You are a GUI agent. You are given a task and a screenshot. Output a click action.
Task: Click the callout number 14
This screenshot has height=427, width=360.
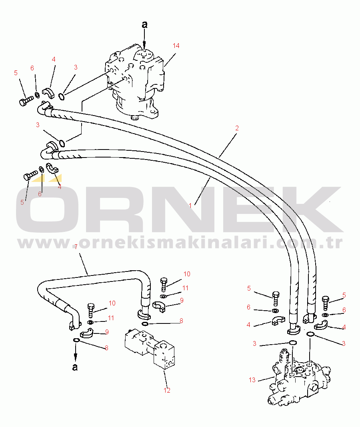tap(176, 46)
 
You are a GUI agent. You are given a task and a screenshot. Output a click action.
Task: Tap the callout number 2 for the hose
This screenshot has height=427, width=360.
tap(237, 128)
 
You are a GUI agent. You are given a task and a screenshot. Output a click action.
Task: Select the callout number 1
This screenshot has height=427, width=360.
tap(190, 206)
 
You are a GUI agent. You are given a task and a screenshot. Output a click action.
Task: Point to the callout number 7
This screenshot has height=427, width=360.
tap(76, 247)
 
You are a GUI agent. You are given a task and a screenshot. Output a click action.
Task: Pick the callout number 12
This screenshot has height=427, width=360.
tap(167, 390)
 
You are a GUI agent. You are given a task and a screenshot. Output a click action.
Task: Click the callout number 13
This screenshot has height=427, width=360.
tap(252, 379)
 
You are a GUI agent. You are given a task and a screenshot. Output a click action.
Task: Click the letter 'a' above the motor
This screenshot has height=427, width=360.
tap(145, 24)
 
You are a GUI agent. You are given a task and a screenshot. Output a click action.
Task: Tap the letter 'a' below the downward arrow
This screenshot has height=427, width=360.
tap(75, 367)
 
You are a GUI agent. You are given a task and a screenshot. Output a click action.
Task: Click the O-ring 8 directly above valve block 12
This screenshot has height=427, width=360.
tap(145, 323)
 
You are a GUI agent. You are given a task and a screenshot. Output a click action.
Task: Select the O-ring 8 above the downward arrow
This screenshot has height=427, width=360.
tap(76, 340)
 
